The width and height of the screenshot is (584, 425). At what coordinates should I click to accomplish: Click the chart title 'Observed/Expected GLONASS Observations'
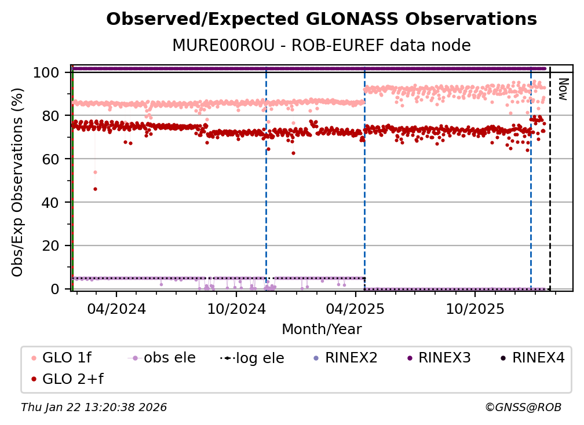tap(322, 19)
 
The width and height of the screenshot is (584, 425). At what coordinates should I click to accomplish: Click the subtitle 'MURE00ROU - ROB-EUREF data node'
tap(322, 45)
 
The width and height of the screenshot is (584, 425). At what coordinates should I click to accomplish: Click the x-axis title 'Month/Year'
tap(322, 329)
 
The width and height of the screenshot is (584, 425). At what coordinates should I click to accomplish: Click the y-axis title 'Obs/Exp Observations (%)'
tap(18, 182)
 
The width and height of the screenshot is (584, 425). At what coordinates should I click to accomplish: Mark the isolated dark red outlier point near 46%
tap(95, 189)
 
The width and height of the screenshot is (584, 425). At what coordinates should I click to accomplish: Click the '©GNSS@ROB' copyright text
tap(523, 408)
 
